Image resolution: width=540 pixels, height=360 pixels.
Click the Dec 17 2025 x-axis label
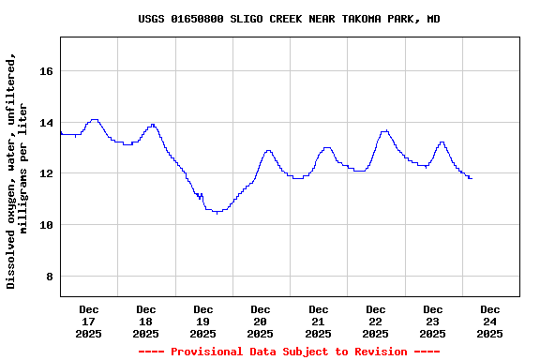[x=89, y=321]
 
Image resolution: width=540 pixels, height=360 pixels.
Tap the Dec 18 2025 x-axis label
[x=146, y=321]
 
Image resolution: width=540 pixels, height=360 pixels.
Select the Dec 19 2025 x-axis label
[x=203, y=321]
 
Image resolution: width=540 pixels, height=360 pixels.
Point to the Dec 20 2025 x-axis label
[x=261, y=321]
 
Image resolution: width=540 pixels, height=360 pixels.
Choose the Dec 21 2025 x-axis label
[x=319, y=321]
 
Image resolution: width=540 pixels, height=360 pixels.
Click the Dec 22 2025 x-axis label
[x=376, y=321]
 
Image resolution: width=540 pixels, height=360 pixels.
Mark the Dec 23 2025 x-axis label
[x=433, y=321]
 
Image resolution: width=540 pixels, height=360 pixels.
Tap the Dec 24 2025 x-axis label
[x=490, y=321]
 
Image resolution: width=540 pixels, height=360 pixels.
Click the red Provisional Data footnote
[x=289, y=352]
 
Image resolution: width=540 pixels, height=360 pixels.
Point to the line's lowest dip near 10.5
[x=217, y=213]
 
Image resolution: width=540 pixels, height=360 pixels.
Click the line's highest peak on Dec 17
[x=94, y=119]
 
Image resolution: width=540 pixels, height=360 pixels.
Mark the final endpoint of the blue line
[x=471, y=178]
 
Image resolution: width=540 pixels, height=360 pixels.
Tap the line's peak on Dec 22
[x=384, y=130]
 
